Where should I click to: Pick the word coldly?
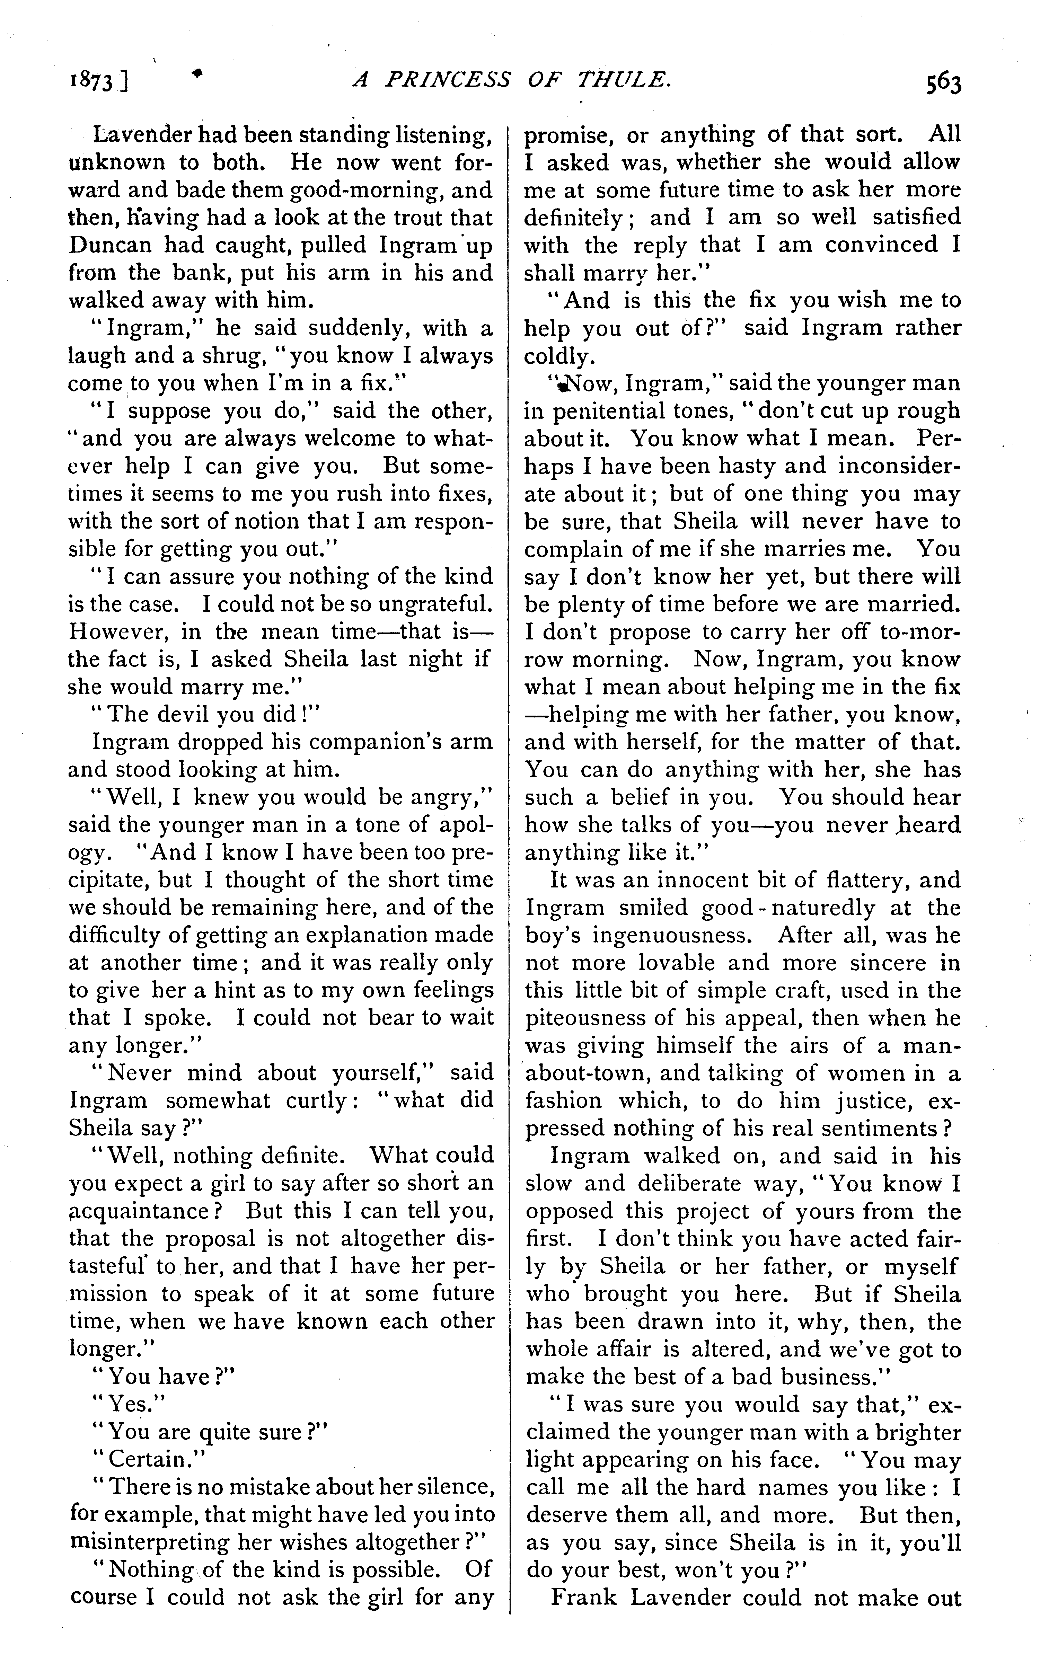pyautogui.click(x=557, y=356)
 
